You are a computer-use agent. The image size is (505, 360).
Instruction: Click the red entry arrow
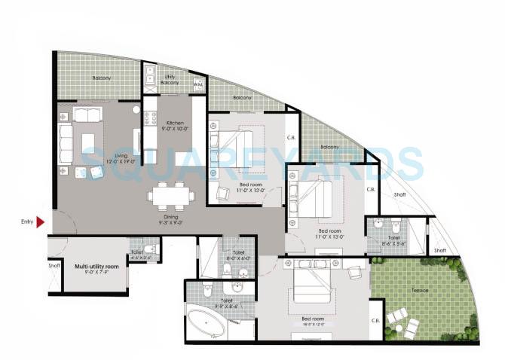[41, 221]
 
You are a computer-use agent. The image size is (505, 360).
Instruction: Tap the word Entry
[27, 221]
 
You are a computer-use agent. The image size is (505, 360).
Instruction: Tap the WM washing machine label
[197, 85]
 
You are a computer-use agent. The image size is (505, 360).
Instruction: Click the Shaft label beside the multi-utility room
[54, 264]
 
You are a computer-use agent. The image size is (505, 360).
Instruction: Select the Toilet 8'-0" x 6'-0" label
[238, 255]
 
